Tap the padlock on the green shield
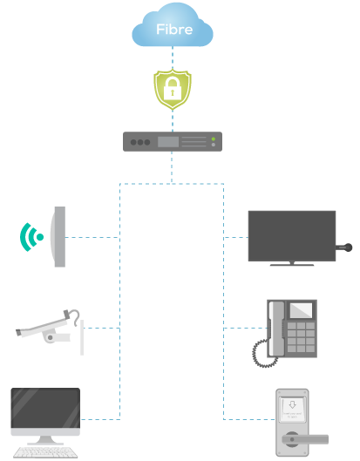[x=173, y=89]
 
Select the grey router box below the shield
[x=172, y=141]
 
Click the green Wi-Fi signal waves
[x=32, y=236]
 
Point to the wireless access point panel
[x=58, y=237]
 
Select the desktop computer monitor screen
[x=45, y=413]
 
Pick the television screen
[x=291, y=234]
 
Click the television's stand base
[x=291, y=264]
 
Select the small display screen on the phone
[x=301, y=308]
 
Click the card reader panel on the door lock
[x=291, y=406]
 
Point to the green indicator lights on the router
[x=213, y=141]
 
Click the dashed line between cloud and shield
[x=173, y=58]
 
